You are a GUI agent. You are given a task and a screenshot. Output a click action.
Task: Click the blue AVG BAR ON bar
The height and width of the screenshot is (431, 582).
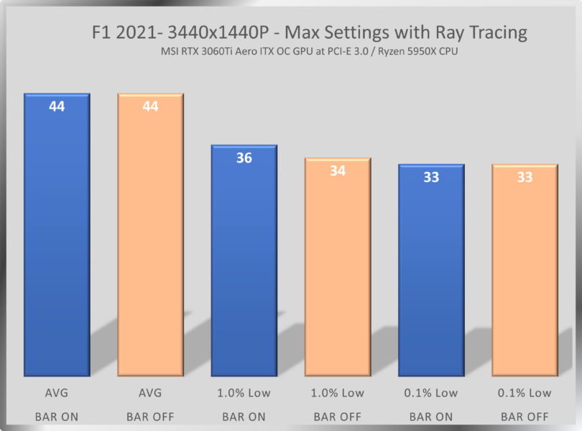pos(57,237)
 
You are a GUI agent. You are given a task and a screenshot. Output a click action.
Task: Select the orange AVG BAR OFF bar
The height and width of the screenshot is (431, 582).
pos(150,237)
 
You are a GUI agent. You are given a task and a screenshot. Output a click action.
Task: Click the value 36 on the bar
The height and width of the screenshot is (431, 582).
pos(244,158)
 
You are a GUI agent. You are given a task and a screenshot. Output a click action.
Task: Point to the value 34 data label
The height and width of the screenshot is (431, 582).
pos(338,171)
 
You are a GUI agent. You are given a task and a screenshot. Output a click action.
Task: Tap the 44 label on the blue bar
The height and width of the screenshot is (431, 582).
pos(57,106)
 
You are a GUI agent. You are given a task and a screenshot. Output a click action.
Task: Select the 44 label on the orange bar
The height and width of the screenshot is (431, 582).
pos(150,106)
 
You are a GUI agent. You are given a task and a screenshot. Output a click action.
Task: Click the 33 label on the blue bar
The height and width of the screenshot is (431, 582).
pos(431,177)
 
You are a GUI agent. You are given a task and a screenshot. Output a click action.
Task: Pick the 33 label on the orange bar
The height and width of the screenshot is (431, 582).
pos(525,177)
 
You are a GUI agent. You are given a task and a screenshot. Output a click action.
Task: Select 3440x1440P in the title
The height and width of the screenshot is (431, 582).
pos(215,32)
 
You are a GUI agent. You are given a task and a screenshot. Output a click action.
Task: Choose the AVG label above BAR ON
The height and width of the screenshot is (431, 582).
pos(57,393)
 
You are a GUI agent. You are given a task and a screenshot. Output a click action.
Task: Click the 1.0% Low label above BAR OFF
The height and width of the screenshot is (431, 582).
pos(338,393)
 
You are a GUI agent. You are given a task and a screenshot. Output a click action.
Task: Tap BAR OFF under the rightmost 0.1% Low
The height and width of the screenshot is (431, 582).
pos(525,417)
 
